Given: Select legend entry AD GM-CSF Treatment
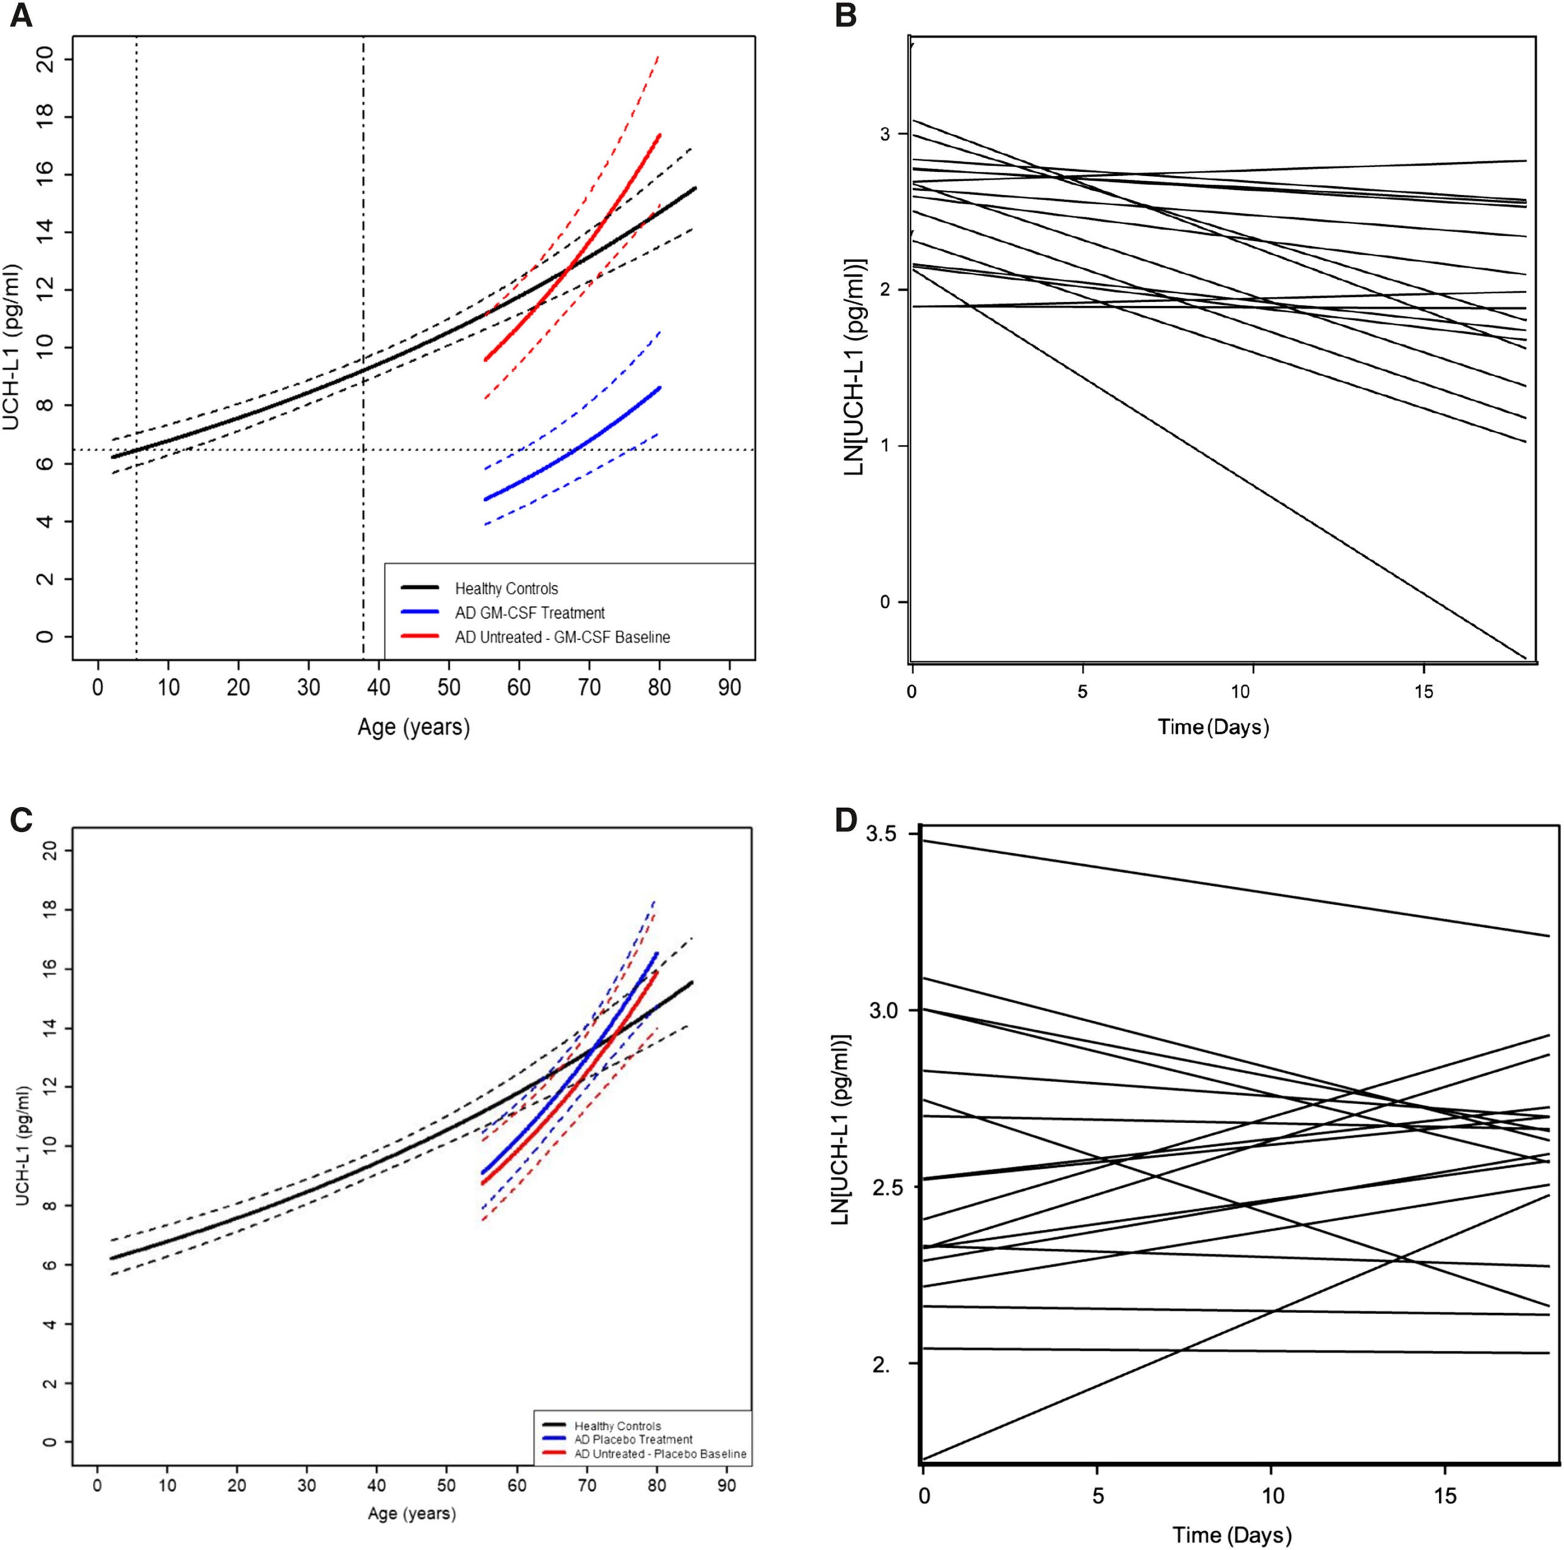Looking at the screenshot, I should coord(530,613).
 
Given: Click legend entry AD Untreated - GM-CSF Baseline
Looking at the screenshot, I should coord(562,637).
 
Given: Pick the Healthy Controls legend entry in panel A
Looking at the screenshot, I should coord(506,589).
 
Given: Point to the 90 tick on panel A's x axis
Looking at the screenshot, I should coord(729,688).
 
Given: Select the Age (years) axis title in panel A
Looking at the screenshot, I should coord(414,727).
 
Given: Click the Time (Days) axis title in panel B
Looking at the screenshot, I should coord(1213,727).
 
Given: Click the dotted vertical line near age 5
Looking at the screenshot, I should coord(136,243).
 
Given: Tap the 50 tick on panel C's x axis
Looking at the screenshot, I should coord(446,1486).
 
